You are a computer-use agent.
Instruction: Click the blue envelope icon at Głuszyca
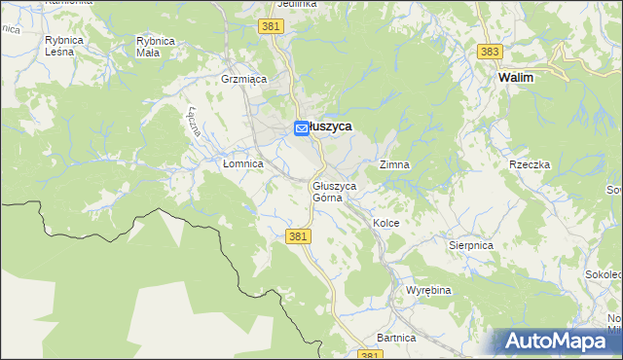point(302,127)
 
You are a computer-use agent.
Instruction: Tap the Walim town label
point(515,77)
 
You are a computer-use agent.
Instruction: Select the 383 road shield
point(490,51)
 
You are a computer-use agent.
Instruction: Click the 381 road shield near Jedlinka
point(273,27)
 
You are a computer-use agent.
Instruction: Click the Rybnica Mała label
point(156,46)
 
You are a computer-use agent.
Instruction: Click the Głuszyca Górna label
point(334,191)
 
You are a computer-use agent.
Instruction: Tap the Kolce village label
point(385,223)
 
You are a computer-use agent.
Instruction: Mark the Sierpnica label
point(471,246)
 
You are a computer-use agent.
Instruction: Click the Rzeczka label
point(530,165)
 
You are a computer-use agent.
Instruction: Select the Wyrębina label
point(429,291)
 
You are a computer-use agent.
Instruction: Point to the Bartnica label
point(396,338)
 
